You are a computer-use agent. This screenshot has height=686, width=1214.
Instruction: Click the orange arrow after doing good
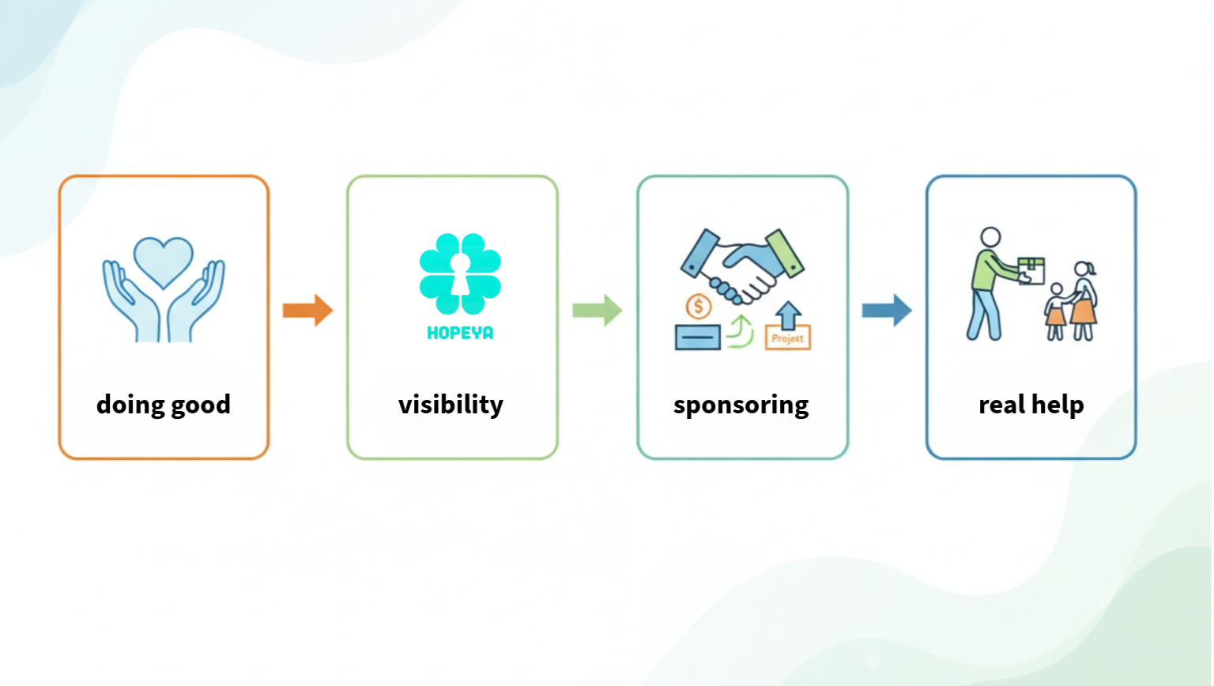coord(307,310)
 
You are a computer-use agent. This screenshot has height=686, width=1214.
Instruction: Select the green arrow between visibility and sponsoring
coord(597,310)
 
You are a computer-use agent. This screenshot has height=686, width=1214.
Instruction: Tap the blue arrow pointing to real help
coord(886,310)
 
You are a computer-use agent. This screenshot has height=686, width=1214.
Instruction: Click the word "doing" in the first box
coord(130,405)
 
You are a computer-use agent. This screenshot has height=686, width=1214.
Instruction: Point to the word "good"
coord(201,405)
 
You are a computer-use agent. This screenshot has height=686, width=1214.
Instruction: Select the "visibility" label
coord(451,405)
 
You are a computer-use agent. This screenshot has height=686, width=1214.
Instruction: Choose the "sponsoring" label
coord(741,405)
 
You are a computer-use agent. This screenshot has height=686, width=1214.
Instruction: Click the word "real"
coord(1002,405)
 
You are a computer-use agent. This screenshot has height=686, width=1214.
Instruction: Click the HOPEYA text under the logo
coord(460,334)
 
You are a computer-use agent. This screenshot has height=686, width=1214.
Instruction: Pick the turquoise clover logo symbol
coord(460,273)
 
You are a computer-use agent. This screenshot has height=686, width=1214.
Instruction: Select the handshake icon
coord(742,265)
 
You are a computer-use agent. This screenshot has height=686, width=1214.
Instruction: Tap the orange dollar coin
coord(698,306)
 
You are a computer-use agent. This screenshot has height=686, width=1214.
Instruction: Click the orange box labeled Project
coord(787,338)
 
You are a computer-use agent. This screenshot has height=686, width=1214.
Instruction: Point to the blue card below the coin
coord(697,337)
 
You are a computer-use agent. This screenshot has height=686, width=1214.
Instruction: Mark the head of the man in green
coord(990,237)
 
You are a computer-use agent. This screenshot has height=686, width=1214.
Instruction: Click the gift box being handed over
coord(1031,269)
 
